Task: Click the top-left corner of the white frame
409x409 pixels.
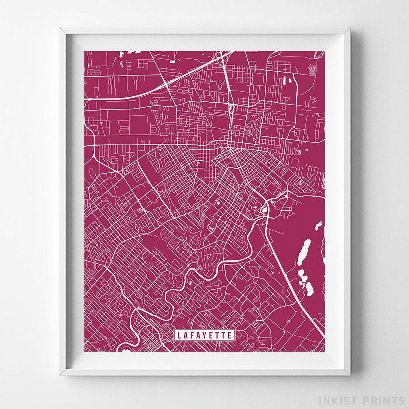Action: (60, 28)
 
